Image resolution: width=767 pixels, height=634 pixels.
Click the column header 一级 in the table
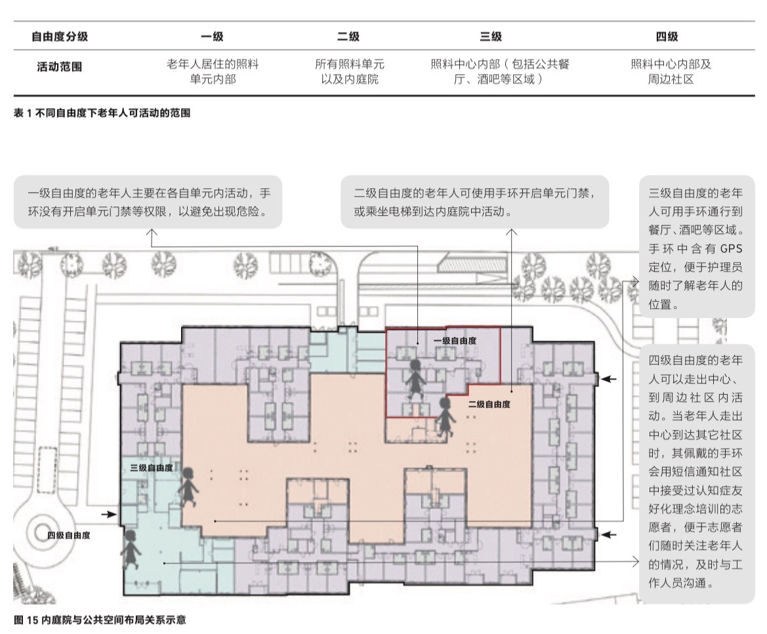click(x=212, y=36)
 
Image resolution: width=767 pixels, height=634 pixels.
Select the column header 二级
click(x=348, y=36)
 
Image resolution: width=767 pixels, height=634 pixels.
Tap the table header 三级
click(x=491, y=36)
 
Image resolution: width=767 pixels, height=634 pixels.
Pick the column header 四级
click(x=667, y=36)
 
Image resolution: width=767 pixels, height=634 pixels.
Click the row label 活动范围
click(x=59, y=66)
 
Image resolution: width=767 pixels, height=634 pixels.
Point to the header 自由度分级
click(x=60, y=36)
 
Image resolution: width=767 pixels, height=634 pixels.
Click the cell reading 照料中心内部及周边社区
click(x=671, y=71)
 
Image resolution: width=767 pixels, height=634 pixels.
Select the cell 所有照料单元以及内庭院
click(x=350, y=71)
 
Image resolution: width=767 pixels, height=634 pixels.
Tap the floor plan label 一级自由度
click(x=455, y=341)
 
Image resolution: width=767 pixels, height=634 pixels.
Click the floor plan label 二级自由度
click(x=489, y=405)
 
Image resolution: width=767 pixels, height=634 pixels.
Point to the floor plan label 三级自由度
click(x=151, y=468)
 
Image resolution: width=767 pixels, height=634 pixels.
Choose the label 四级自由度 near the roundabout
click(x=69, y=535)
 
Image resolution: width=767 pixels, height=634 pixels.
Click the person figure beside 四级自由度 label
click(x=131, y=549)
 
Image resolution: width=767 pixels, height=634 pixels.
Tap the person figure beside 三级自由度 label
click(x=188, y=487)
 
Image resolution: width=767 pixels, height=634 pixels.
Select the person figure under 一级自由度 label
click(x=415, y=378)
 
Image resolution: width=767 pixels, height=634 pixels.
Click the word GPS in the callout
click(x=732, y=248)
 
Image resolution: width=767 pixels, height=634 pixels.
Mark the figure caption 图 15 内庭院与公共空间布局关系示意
click(x=100, y=620)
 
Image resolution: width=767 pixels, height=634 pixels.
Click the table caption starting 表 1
click(x=102, y=113)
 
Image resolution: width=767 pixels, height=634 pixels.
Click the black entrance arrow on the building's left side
click(x=109, y=514)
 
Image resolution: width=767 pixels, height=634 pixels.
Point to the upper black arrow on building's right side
click(x=608, y=379)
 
